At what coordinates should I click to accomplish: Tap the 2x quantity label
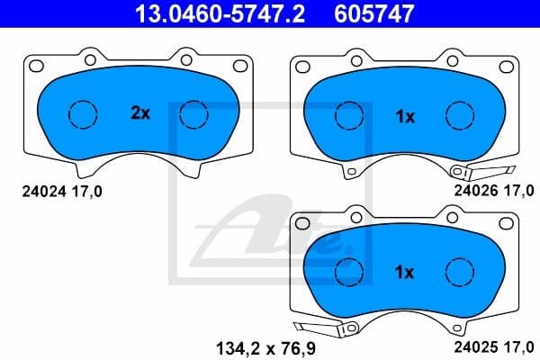(x=139, y=113)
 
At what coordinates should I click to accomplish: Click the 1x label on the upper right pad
(x=405, y=115)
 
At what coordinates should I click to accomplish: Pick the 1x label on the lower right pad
(x=405, y=271)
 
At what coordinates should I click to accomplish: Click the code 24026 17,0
(x=494, y=190)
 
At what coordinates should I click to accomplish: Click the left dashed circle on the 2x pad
(x=83, y=114)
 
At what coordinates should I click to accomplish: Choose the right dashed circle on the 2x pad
(x=193, y=114)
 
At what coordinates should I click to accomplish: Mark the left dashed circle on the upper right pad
(x=348, y=115)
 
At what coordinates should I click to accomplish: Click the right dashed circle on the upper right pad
(x=460, y=115)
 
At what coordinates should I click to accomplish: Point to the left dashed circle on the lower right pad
(x=348, y=270)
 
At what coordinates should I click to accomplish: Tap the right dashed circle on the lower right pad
(x=460, y=270)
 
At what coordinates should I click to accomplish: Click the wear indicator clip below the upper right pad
(x=481, y=171)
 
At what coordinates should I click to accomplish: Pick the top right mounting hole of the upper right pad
(x=507, y=65)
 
